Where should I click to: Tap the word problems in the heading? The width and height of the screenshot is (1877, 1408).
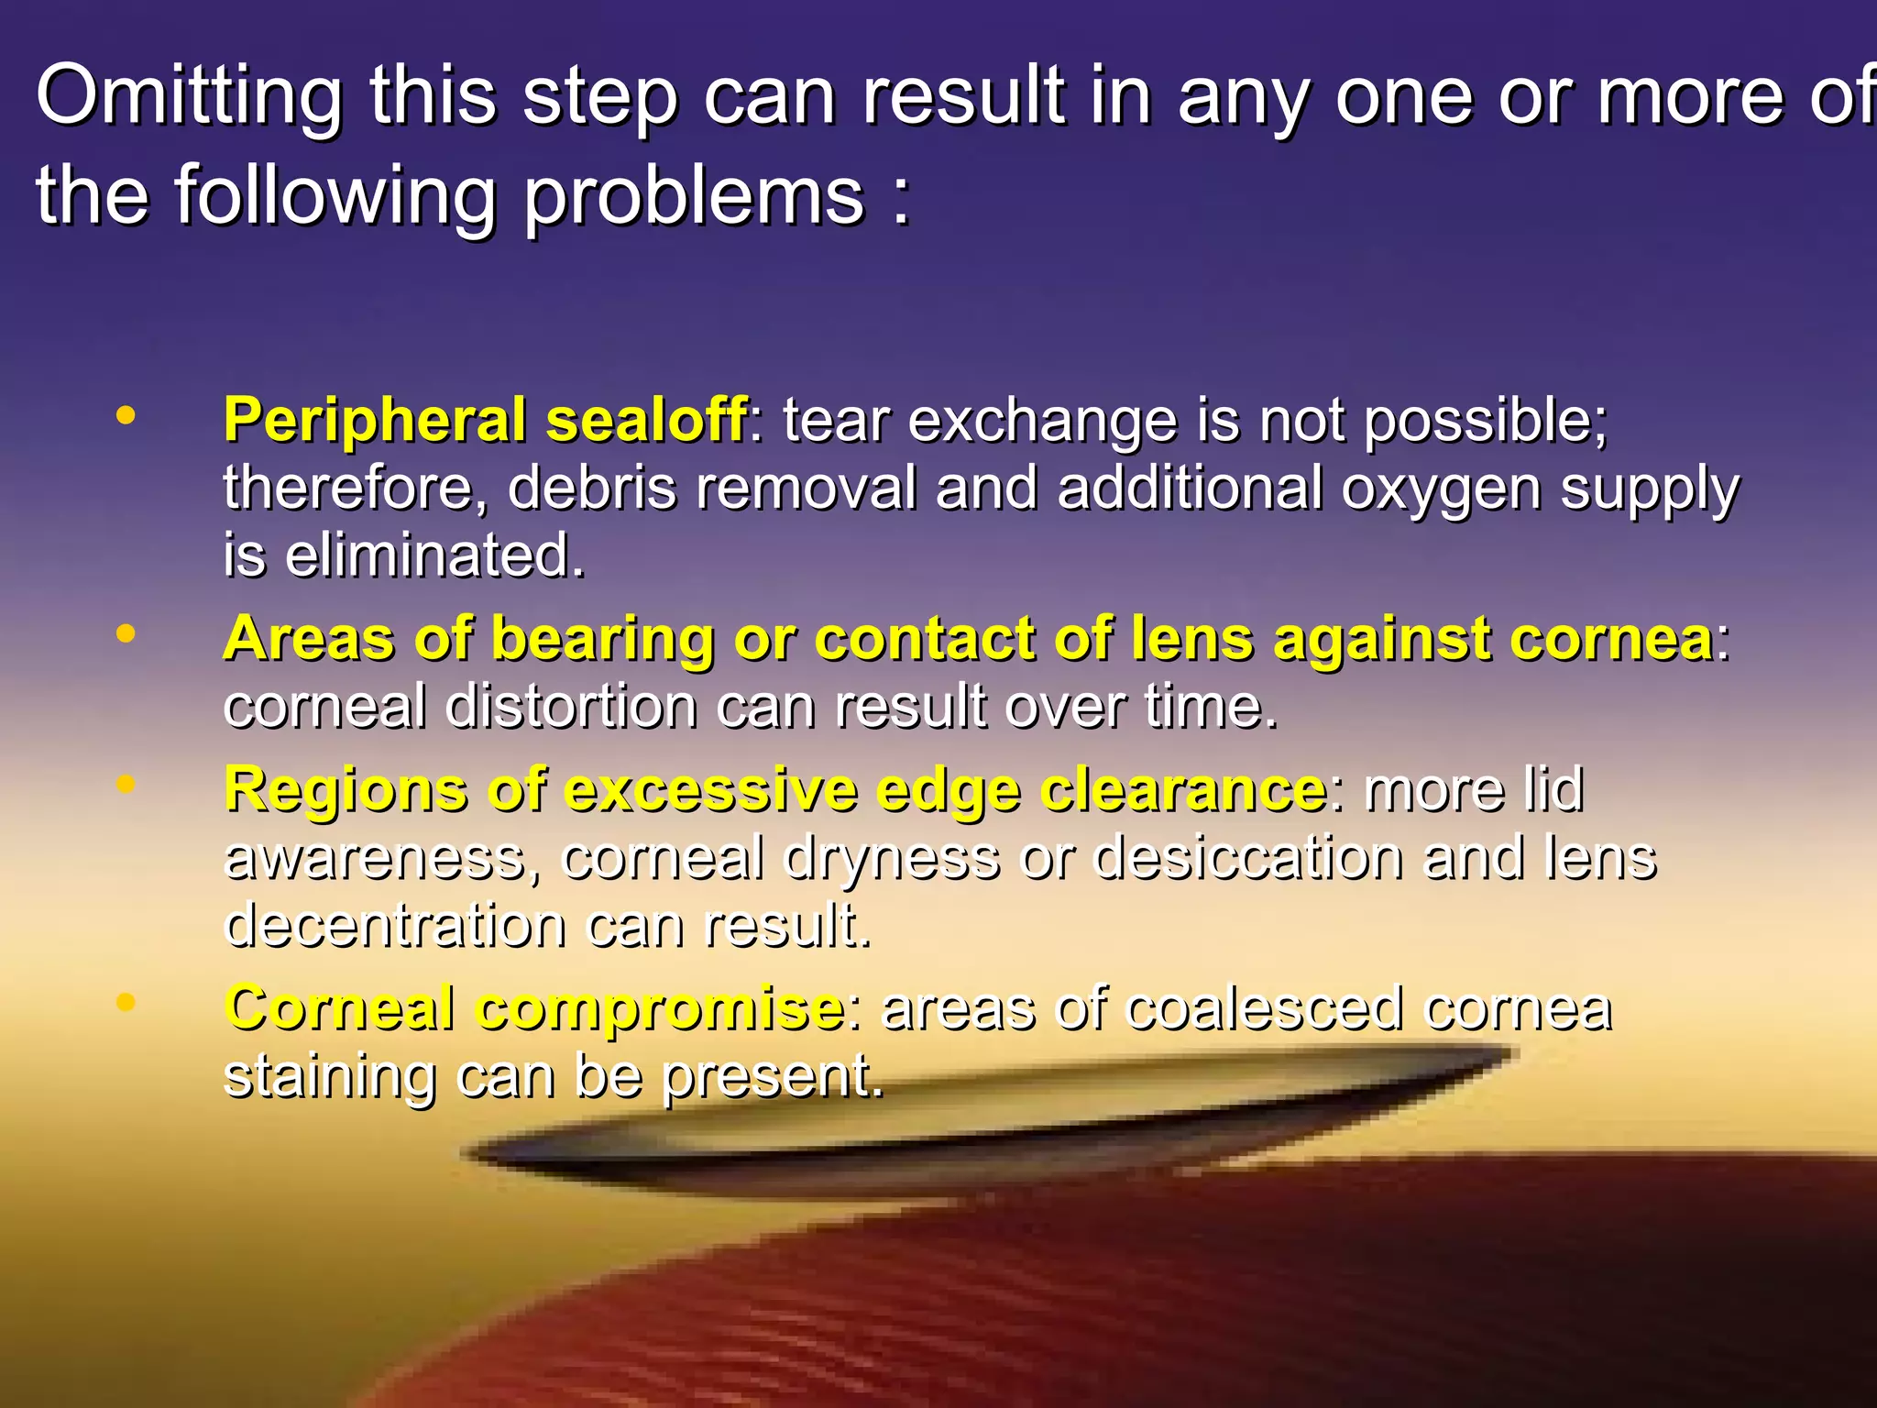coord(694,196)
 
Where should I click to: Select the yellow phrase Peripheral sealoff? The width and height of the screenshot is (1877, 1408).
coord(485,421)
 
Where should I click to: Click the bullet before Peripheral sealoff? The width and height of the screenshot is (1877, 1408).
coord(126,416)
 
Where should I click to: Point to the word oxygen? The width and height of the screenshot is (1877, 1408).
coord(1441,489)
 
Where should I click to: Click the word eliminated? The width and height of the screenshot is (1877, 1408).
coord(434,555)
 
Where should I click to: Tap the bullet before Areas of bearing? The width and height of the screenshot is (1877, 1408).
coord(126,633)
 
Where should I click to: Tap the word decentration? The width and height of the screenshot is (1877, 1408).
coord(394,926)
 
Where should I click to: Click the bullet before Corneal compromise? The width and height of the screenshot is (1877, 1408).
coord(126,1002)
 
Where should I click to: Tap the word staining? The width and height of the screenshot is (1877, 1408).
coord(329,1076)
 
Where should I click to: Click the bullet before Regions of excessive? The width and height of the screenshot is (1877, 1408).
coord(126,785)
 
